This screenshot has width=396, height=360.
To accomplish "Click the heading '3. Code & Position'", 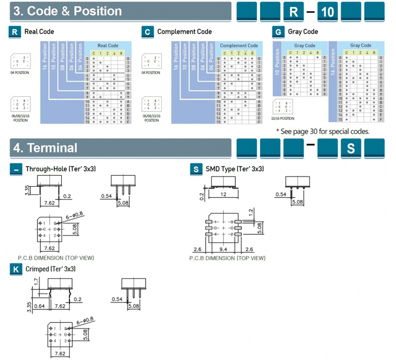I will coord(68,11).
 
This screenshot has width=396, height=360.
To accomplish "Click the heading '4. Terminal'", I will coord(45,148).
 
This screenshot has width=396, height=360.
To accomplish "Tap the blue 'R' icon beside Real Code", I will coord(15,32).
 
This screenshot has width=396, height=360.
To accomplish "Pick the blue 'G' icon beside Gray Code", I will coord(278,32).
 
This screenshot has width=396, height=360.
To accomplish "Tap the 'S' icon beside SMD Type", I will coord(196,169).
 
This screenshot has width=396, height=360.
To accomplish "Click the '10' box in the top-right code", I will coord(327,12).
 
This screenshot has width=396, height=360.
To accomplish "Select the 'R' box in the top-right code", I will coord(294,12).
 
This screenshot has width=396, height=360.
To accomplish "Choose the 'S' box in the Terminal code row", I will coord(351,149).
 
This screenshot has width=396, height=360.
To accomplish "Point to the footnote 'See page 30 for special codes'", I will coord(322,131).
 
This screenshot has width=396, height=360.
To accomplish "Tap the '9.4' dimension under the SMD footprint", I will coord(223,249).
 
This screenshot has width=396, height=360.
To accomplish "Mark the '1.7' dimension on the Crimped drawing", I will coord(36,282).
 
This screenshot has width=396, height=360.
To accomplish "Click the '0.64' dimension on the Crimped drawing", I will coord(39,306).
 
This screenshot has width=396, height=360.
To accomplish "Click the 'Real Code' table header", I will coord(108,46).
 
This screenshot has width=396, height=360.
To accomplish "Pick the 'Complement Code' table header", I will coord(239,46).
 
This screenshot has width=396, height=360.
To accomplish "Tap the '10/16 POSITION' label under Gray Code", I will coord(282,118).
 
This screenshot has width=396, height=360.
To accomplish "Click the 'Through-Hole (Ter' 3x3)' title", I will coord(61,169).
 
